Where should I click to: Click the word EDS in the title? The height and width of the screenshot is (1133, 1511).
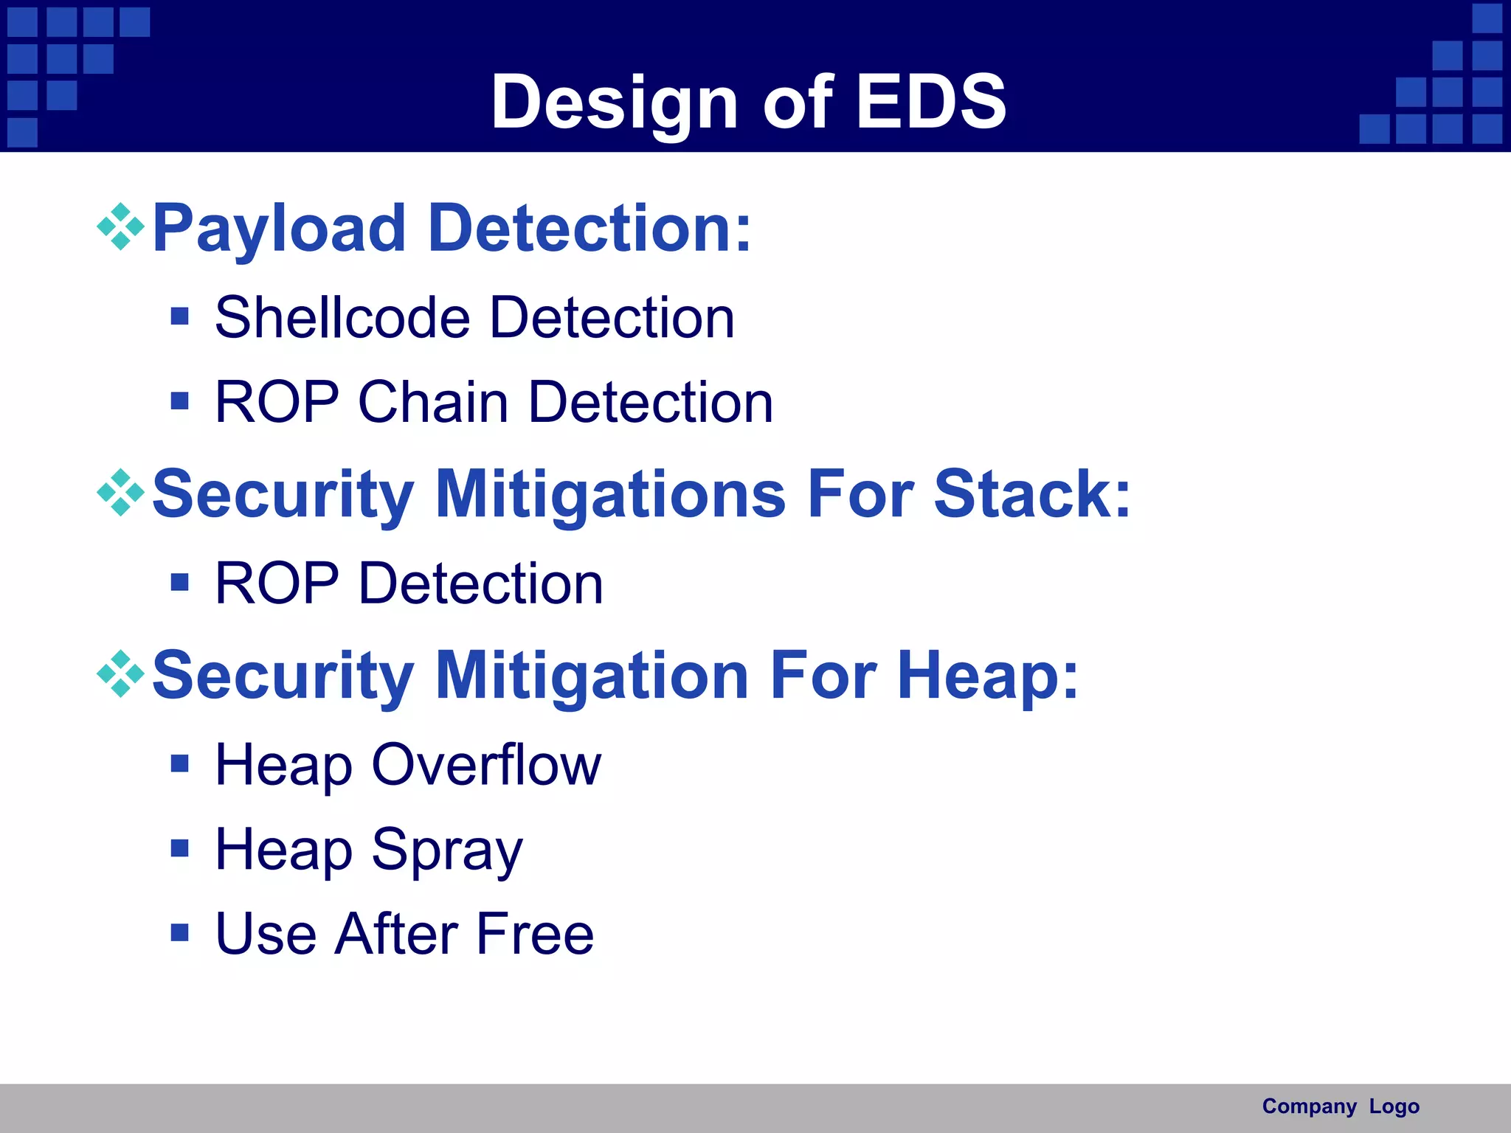(930, 102)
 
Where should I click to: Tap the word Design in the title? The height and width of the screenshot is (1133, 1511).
(615, 103)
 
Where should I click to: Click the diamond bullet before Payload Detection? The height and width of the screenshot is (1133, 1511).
(120, 227)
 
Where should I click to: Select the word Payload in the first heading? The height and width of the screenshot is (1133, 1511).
(279, 229)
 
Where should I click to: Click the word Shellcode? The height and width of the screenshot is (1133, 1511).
(342, 318)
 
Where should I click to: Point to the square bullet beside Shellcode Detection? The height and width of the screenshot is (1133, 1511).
(179, 316)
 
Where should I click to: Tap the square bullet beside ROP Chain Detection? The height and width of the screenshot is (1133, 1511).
(179, 401)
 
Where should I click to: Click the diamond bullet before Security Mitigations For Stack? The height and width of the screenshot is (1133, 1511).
(120, 492)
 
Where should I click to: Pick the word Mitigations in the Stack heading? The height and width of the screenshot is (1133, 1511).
(610, 495)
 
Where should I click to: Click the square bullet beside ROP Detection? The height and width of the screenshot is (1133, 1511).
(179, 583)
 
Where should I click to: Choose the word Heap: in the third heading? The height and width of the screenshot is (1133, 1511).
(988, 676)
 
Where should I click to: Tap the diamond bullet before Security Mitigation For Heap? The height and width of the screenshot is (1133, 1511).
(120, 673)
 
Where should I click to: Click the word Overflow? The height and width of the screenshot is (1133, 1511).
(486, 765)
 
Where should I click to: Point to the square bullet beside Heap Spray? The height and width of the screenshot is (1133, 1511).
(179, 848)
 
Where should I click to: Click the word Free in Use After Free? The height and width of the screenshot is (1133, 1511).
(535, 934)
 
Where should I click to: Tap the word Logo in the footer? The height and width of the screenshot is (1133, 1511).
(1394, 1106)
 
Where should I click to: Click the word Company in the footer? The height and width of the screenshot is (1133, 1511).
(1309, 1106)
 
